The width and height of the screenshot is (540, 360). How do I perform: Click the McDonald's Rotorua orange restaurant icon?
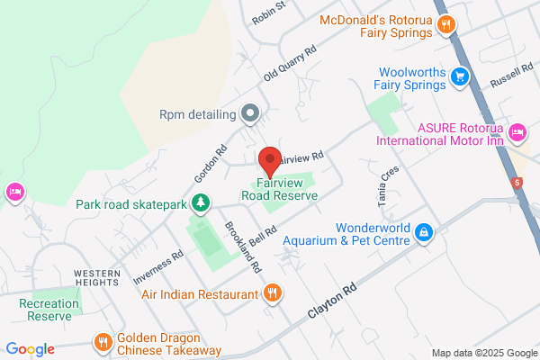pyautogui.click(x=445, y=25)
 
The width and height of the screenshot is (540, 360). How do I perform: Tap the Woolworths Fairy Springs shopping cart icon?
pyautogui.click(x=460, y=76)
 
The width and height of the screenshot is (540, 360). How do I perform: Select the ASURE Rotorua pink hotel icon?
pyautogui.click(x=517, y=133)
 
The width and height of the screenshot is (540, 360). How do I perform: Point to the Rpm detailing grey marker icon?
pyautogui.click(x=251, y=114)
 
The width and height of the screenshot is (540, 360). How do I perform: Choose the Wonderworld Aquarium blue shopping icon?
pyautogui.click(x=423, y=233)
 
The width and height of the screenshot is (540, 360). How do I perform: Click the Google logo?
pyautogui.click(x=30, y=349)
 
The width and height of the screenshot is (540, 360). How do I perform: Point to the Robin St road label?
pyautogui.click(x=268, y=12)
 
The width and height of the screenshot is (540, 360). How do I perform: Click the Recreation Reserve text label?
pyautogui.click(x=49, y=310)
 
